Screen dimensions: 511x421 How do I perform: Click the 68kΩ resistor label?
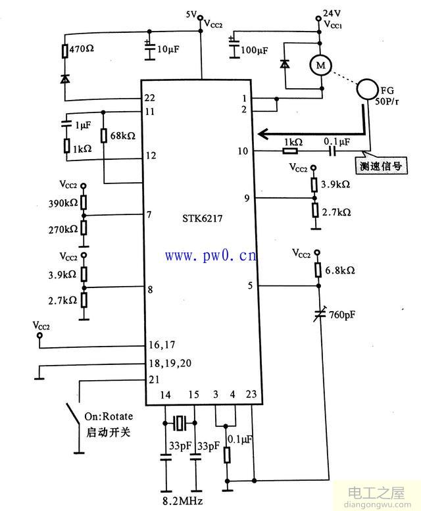[122, 135]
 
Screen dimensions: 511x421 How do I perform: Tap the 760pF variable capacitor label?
[341, 314]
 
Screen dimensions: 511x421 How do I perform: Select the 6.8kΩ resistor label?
[341, 270]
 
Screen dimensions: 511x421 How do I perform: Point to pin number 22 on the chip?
[150, 97]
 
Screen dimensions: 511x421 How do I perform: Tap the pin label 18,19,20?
[170, 363]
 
